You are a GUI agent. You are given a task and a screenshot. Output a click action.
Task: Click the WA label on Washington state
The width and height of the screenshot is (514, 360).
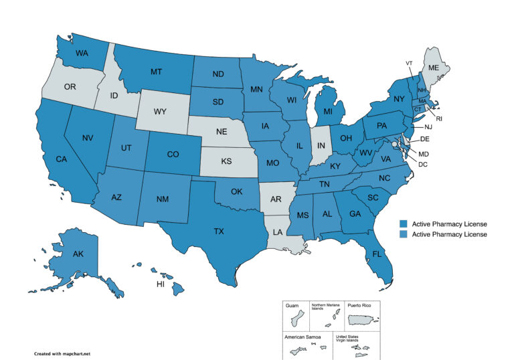[82, 53]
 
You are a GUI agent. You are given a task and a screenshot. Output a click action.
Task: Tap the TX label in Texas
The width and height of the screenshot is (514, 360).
[219, 231]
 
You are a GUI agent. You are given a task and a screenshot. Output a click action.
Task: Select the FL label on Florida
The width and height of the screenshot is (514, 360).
[377, 255]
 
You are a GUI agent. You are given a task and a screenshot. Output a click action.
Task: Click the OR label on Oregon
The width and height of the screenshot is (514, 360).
[69, 87]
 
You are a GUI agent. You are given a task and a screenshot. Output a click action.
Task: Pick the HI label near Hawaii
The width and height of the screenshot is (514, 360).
[160, 284]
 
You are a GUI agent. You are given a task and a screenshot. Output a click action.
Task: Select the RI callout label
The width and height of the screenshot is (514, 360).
[440, 118]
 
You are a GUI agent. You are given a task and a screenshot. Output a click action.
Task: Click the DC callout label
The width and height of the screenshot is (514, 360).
[423, 163]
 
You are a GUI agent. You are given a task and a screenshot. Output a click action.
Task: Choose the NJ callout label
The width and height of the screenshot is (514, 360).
[428, 127]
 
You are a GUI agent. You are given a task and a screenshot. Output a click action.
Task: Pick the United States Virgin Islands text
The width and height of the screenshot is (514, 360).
[351, 339]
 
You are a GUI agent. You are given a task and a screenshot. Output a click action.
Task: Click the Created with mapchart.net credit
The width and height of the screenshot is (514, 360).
[62, 352]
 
